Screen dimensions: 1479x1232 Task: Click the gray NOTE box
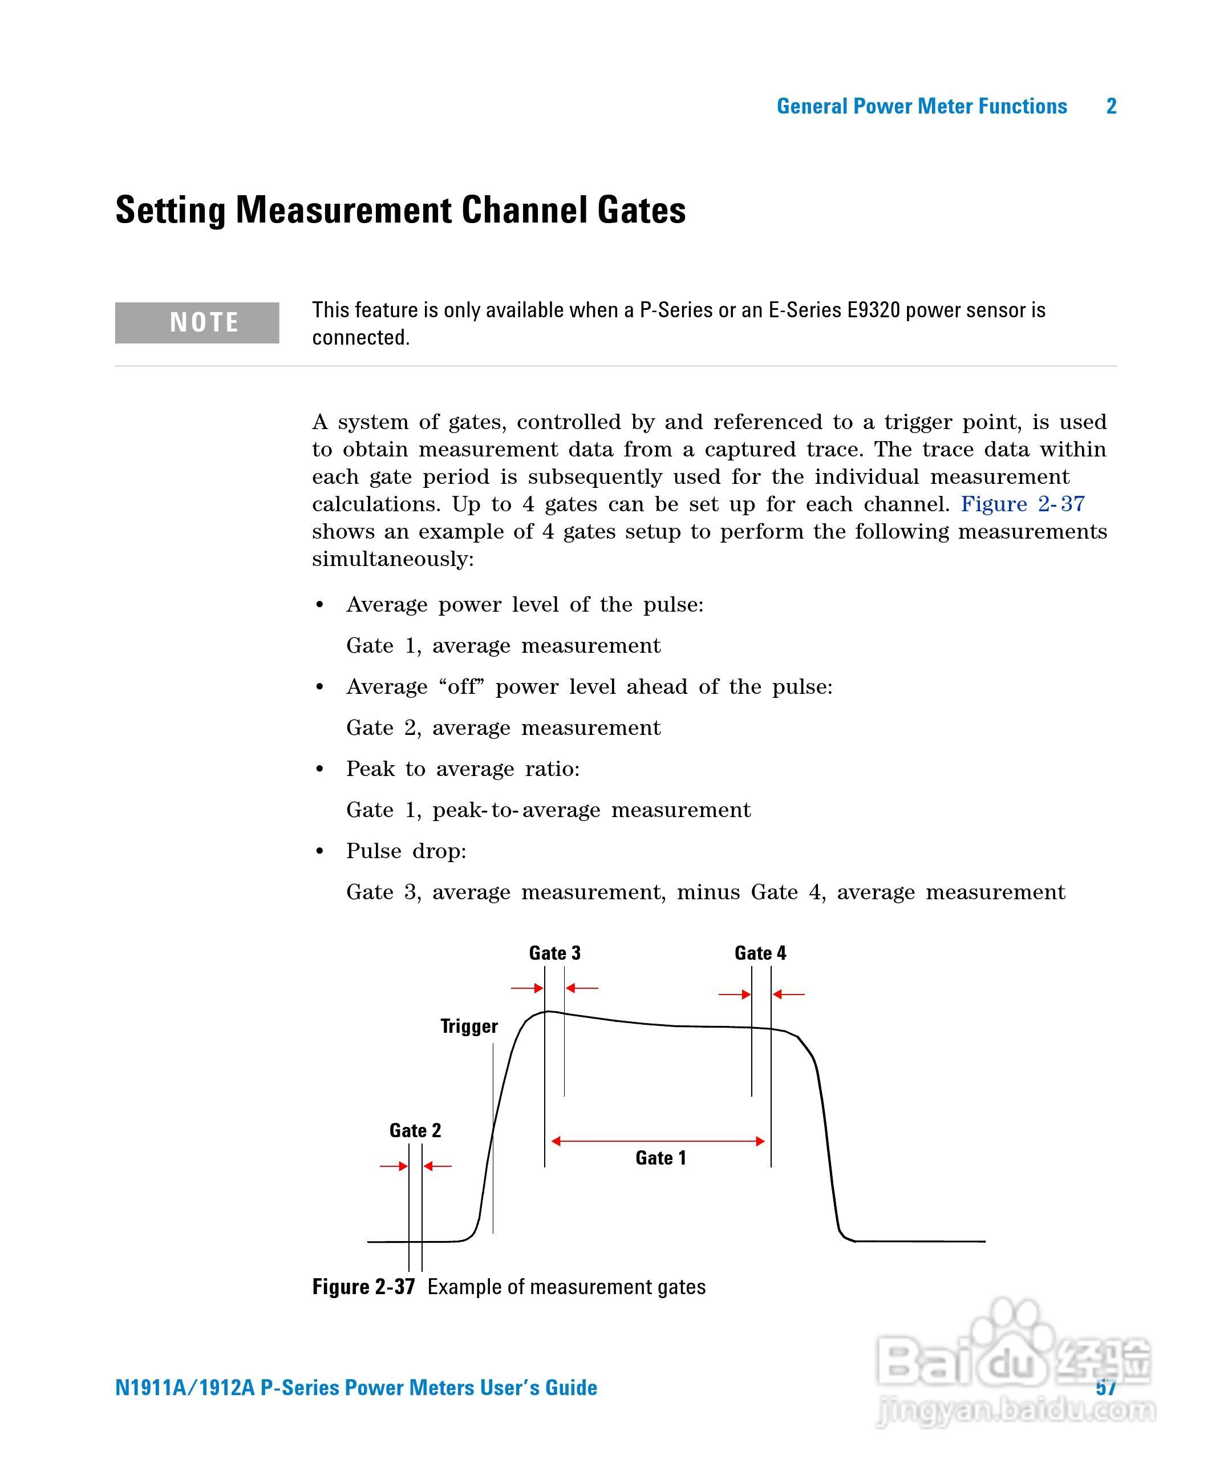click(197, 322)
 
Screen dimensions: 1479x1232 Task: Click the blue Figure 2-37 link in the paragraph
click(1022, 504)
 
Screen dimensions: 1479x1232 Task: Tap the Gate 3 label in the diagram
click(555, 953)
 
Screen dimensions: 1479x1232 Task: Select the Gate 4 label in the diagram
click(760, 953)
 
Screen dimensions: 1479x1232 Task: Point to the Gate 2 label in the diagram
click(415, 1130)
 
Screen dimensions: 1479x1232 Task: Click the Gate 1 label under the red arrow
click(660, 1158)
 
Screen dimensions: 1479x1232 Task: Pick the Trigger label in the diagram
click(469, 1026)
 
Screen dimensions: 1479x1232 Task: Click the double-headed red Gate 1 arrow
click(658, 1141)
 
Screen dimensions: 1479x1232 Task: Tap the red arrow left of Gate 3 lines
click(526, 988)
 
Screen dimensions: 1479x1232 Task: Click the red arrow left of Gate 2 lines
click(394, 1166)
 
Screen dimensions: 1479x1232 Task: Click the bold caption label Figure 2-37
click(363, 1287)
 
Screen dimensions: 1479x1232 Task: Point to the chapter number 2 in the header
click(1111, 106)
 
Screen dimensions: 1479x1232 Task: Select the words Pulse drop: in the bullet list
click(406, 851)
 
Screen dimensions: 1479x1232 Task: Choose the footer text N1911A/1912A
click(184, 1388)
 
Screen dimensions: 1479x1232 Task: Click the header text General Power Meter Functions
click(922, 106)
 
